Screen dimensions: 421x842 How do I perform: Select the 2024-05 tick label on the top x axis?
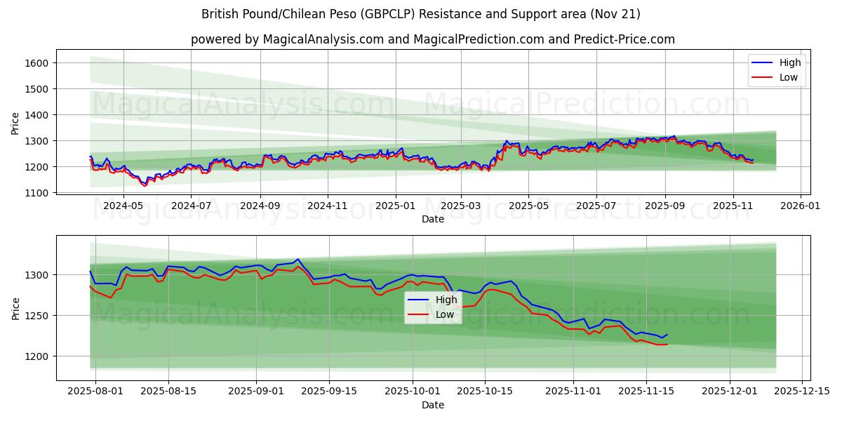coord(123,206)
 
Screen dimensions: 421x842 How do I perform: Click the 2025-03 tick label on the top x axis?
coord(461,206)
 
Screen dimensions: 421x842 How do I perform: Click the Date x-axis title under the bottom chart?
coord(433,405)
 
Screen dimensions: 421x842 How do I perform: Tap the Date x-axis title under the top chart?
coord(433,219)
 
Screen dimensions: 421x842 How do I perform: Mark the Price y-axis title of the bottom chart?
coord(15,308)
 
